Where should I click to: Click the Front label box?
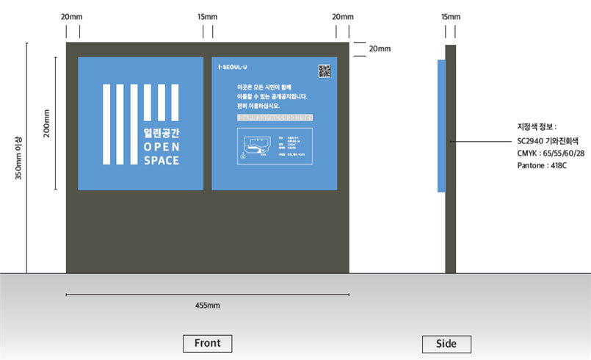(207, 343)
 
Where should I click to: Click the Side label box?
(446, 344)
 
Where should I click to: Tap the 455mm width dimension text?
(207, 305)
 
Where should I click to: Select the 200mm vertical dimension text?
(47, 123)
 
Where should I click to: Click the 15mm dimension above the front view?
(208, 16)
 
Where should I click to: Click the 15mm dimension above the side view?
(451, 16)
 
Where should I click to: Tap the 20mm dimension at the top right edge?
(380, 48)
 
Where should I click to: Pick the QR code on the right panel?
(324, 71)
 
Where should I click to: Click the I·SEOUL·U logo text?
(233, 67)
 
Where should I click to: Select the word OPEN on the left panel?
(162, 146)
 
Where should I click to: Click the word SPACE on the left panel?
(162, 160)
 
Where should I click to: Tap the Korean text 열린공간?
(162, 132)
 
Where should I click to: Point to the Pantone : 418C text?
(542, 166)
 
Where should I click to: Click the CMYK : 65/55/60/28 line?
(551, 153)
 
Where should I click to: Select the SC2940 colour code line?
(548, 140)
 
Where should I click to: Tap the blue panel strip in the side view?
(441, 126)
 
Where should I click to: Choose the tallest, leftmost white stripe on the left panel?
(106, 124)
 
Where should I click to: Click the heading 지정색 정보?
(537, 127)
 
